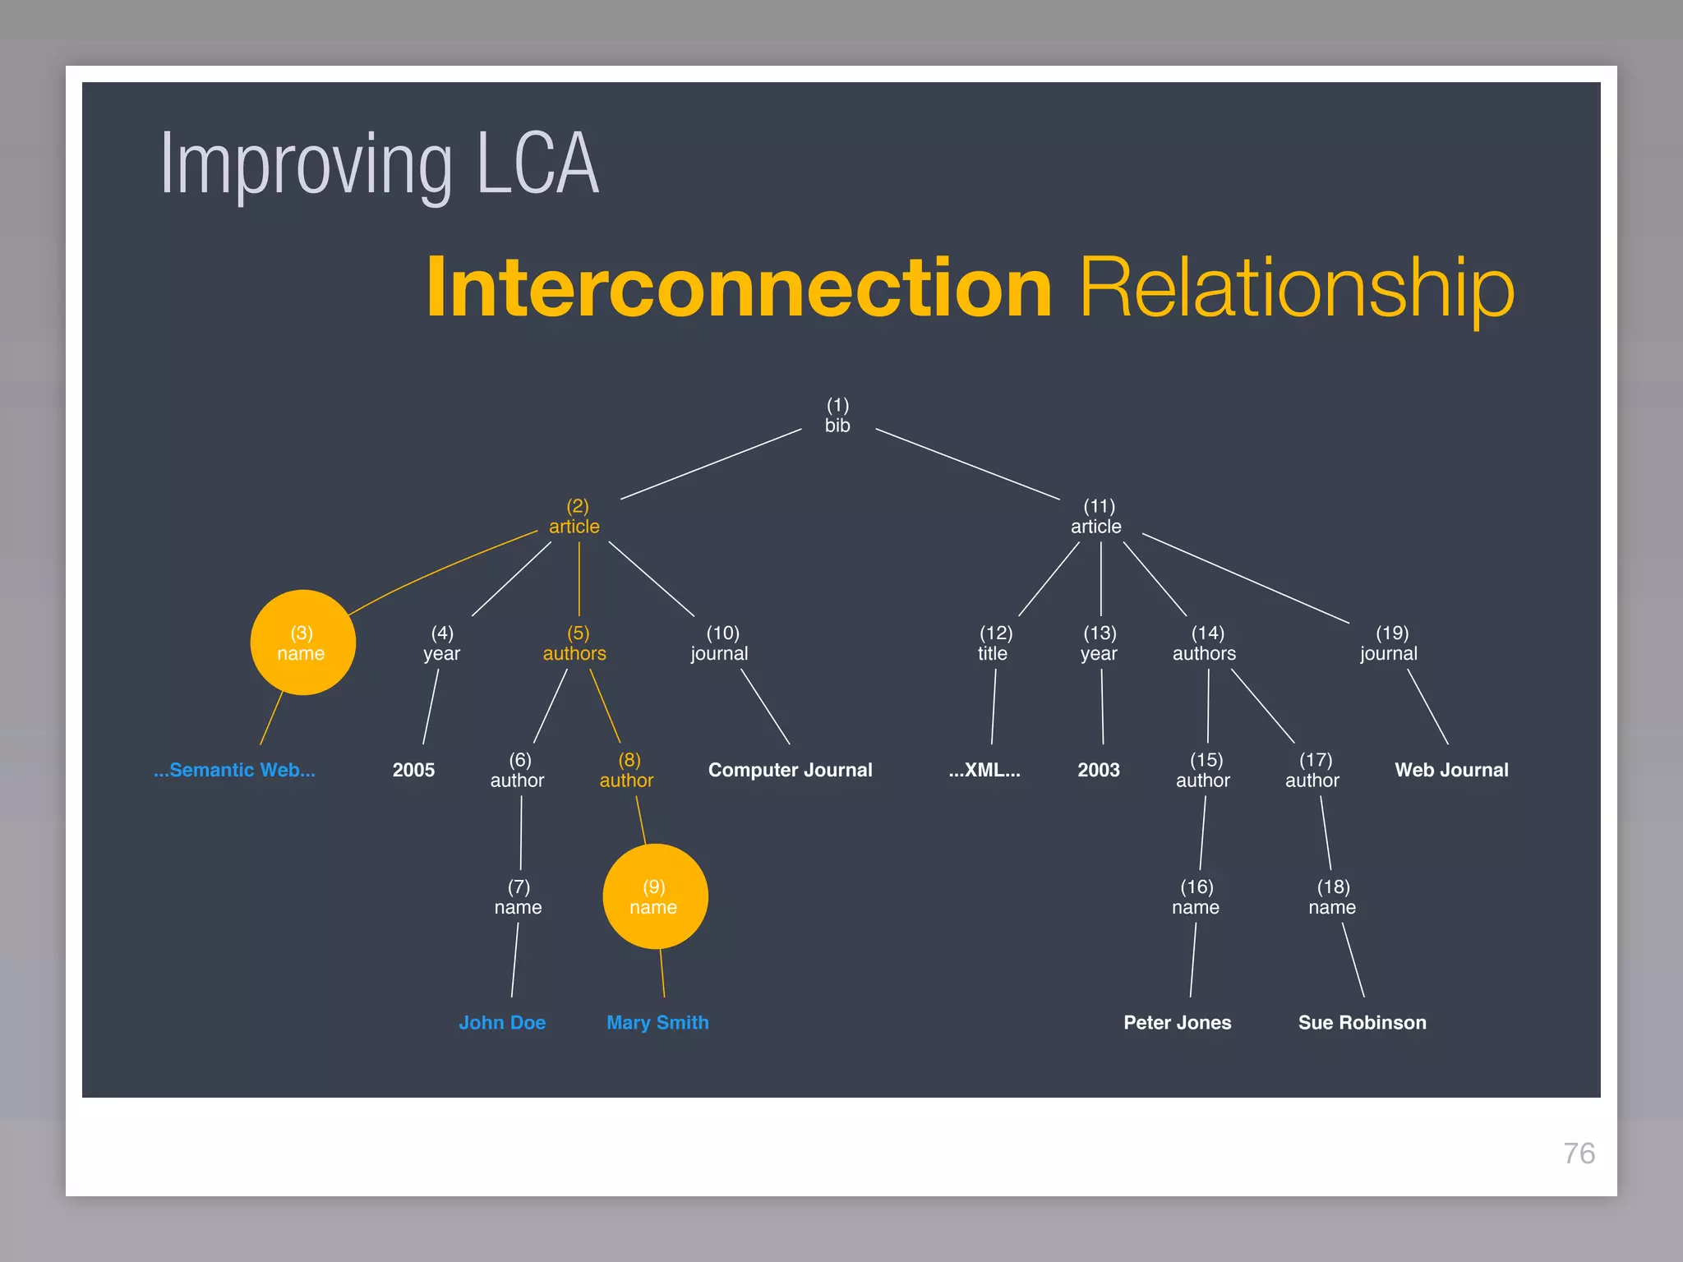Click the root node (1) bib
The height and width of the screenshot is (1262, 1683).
tap(837, 416)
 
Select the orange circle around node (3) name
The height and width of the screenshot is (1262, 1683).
tap(302, 643)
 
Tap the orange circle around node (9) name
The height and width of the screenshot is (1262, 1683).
tap(655, 896)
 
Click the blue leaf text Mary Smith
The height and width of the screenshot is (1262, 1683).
tap(657, 1022)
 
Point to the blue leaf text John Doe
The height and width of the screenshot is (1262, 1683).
tap(502, 1022)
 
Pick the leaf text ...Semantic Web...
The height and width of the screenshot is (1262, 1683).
tap(234, 770)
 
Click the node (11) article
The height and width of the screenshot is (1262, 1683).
tap(1097, 517)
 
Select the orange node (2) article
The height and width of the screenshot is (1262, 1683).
tap(575, 517)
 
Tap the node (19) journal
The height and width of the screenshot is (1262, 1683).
tap(1390, 643)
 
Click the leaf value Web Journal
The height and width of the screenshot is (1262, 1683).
tap(1451, 770)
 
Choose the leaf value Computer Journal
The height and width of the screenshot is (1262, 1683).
tap(790, 770)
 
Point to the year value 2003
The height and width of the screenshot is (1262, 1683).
tap(1099, 770)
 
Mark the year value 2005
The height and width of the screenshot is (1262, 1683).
tap(413, 770)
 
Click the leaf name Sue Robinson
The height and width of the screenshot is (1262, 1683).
tap(1362, 1022)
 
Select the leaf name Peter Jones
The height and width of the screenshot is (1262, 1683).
tap(1177, 1022)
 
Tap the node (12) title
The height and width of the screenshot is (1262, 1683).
tap(994, 643)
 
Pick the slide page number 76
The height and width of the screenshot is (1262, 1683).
tap(1579, 1153)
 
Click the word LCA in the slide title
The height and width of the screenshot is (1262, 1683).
tap(537, 164)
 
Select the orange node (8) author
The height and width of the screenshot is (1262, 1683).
tap(627, 770)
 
